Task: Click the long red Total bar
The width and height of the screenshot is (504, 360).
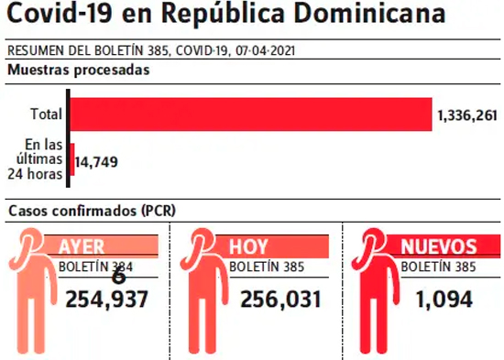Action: (251, 115)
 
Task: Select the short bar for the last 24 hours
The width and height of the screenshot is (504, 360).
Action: (72, 159)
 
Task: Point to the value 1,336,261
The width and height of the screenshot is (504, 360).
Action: (467, 115)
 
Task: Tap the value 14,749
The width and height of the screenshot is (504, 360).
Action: (96, 162)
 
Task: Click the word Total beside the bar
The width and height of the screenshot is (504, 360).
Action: (47, 115)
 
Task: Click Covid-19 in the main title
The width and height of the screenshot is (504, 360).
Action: (60, 13)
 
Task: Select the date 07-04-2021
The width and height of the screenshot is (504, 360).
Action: (265, 50)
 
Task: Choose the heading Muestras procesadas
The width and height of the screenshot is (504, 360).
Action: (79, 70)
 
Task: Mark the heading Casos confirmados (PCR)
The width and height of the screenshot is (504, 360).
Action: (92, 211)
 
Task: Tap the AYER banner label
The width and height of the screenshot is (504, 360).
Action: (82, 246)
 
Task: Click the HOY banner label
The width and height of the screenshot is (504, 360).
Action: (248, 246)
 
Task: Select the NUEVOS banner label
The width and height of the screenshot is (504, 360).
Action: (439, 246)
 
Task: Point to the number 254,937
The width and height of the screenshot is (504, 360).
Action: (106, 300)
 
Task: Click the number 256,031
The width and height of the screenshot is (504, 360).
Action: (281, 300)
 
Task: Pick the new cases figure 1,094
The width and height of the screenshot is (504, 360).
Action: (444, 300)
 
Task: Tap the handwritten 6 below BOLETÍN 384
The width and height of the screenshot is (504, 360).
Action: (118, 277)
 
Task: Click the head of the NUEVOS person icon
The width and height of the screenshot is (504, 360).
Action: (374, 240)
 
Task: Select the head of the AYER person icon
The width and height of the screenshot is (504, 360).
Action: (31, 240)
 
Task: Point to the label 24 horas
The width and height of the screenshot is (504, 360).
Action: (35, 174)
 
